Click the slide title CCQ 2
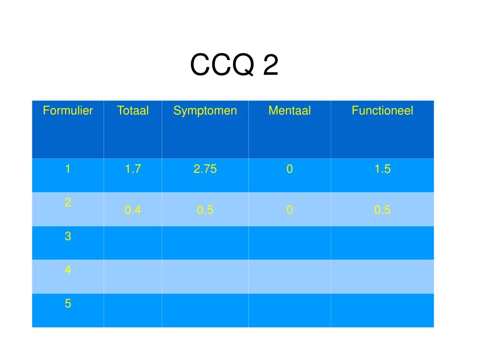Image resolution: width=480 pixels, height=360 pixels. coord(234,65)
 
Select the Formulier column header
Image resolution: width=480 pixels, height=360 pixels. coord(68,111)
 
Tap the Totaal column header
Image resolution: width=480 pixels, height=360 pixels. coord(133,111)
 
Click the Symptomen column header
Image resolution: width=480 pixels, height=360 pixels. coord(205,111)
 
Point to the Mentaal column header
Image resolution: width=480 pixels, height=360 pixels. coord(290,111)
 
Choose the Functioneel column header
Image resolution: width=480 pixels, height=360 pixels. coord(382,111)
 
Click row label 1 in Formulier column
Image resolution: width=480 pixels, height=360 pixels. coord(68,169)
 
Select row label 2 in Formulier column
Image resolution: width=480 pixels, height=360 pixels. coord(68,202)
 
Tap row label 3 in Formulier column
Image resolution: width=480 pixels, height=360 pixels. coord(68,236)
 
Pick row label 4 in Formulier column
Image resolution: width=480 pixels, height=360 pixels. coord(68,270)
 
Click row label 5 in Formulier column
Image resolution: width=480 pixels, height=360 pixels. coord(68,304)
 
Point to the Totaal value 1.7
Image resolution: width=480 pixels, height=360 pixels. coord(133,169)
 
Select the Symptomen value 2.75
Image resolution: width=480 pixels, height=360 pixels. coord(205,169)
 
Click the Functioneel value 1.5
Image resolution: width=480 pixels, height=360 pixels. coord(382,169)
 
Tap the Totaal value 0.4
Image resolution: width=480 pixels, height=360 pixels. coord(133,210)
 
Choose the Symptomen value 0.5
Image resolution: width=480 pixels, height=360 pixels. coord(205,210)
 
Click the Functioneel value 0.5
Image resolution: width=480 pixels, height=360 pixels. coord(382,210)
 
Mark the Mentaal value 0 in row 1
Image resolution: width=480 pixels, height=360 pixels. coord(290,169)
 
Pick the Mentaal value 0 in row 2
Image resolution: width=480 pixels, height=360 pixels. coord(290,210)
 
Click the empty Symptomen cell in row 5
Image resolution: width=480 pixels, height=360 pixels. coord(205,310)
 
